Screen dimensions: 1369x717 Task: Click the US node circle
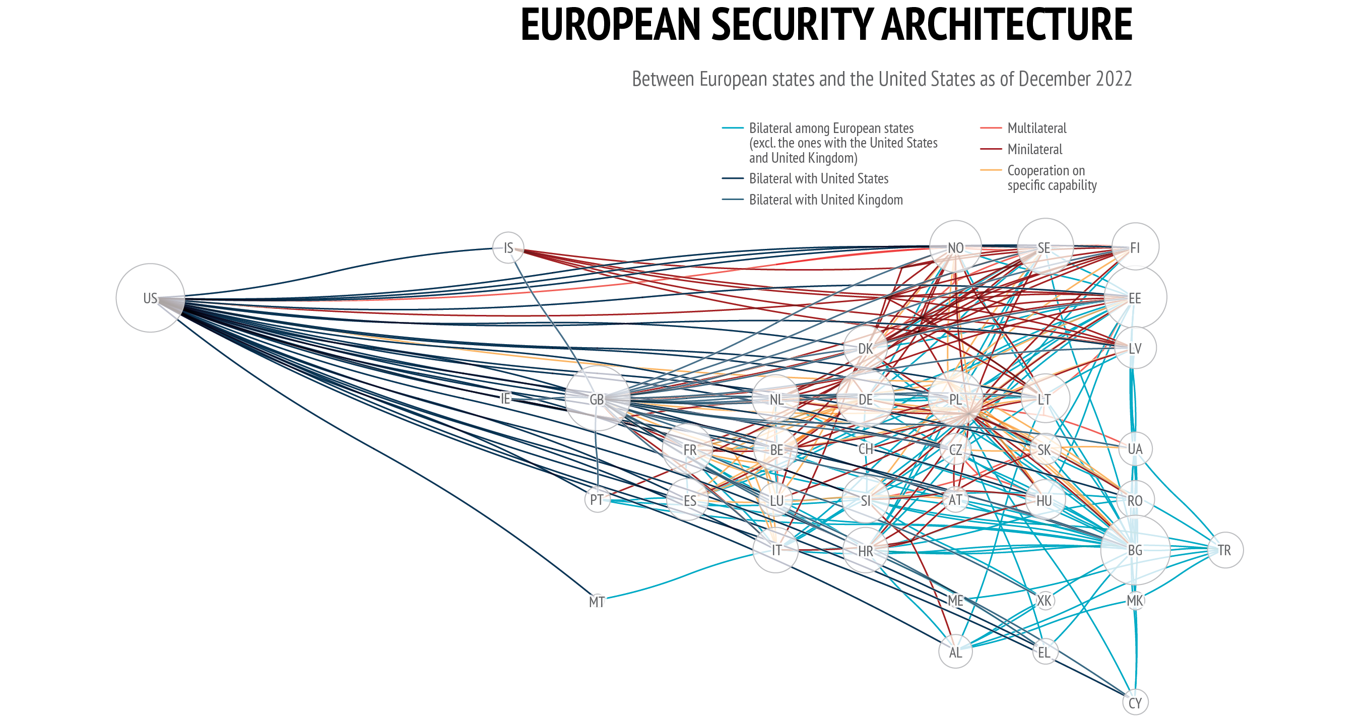[150, 298]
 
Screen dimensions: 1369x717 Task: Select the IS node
[508, 248]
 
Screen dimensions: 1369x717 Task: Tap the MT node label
[597, 602]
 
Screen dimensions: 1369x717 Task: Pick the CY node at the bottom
[1135, 703]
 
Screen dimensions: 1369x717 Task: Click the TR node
[1225, 550]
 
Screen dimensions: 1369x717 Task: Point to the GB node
[598, 399]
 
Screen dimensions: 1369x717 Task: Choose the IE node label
[505, 399]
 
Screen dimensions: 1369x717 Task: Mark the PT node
[598, 500]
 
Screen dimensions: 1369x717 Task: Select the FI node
[1135, 247]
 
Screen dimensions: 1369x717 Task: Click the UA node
[1135, 449]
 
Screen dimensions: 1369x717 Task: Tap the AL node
[955, 651]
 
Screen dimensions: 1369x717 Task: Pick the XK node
[1045, 601]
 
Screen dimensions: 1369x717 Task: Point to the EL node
[1045, 652]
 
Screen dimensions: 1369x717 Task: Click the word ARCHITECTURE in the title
[1007, 25]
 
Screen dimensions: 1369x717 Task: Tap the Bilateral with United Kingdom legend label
[826, 200]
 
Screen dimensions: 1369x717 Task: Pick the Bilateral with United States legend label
[818, 178]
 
